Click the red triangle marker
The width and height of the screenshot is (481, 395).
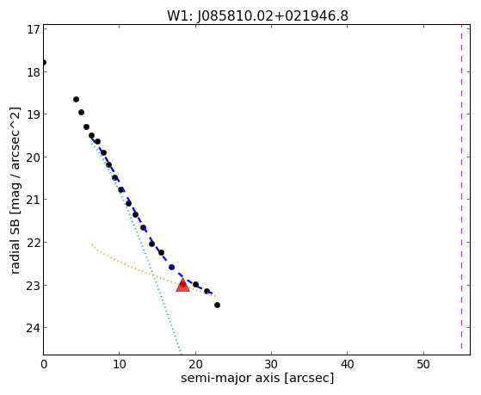[x=182, y=286]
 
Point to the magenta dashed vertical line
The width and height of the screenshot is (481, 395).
[x=461, y=188]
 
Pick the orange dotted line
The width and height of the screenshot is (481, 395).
[x=154, y=271]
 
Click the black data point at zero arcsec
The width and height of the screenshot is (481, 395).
[x=44, y=62]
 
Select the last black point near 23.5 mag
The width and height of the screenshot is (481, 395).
[x=217, y=306]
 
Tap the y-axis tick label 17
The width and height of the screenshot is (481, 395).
[x=34, y=29]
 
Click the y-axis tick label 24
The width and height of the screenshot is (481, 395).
[x=33, y=328]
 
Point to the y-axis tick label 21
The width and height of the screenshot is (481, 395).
[x=33, y=200]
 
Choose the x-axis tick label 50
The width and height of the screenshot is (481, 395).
[x=423, y=365]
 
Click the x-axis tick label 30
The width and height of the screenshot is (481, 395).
[x=272, y=365]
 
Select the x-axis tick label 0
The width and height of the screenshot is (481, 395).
[x=44, y=365]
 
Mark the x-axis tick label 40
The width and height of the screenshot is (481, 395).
[x=348, y=365]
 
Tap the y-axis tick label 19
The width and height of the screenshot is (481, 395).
[x=33, y=114]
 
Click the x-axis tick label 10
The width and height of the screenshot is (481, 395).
[x=120, y=365]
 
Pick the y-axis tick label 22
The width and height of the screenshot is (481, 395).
[x=33, y=243]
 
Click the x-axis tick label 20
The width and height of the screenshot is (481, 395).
[x=195, y=365]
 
